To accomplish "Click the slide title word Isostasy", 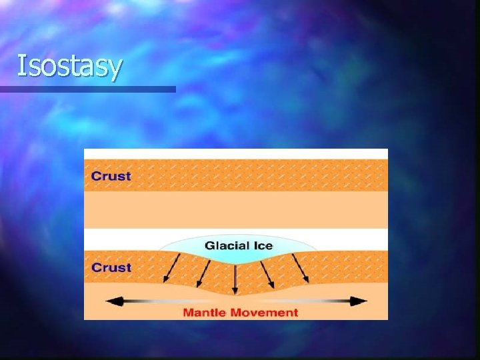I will [69, 66].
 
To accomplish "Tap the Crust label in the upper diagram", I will [111, 177].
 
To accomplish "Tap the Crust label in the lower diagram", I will [111, 267].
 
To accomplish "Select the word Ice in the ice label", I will [263, 245].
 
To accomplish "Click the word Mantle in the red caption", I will [204, 312].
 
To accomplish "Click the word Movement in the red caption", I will [263, 312].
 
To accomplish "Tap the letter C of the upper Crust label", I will [96, 177].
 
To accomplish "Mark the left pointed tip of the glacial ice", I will [159, 251].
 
